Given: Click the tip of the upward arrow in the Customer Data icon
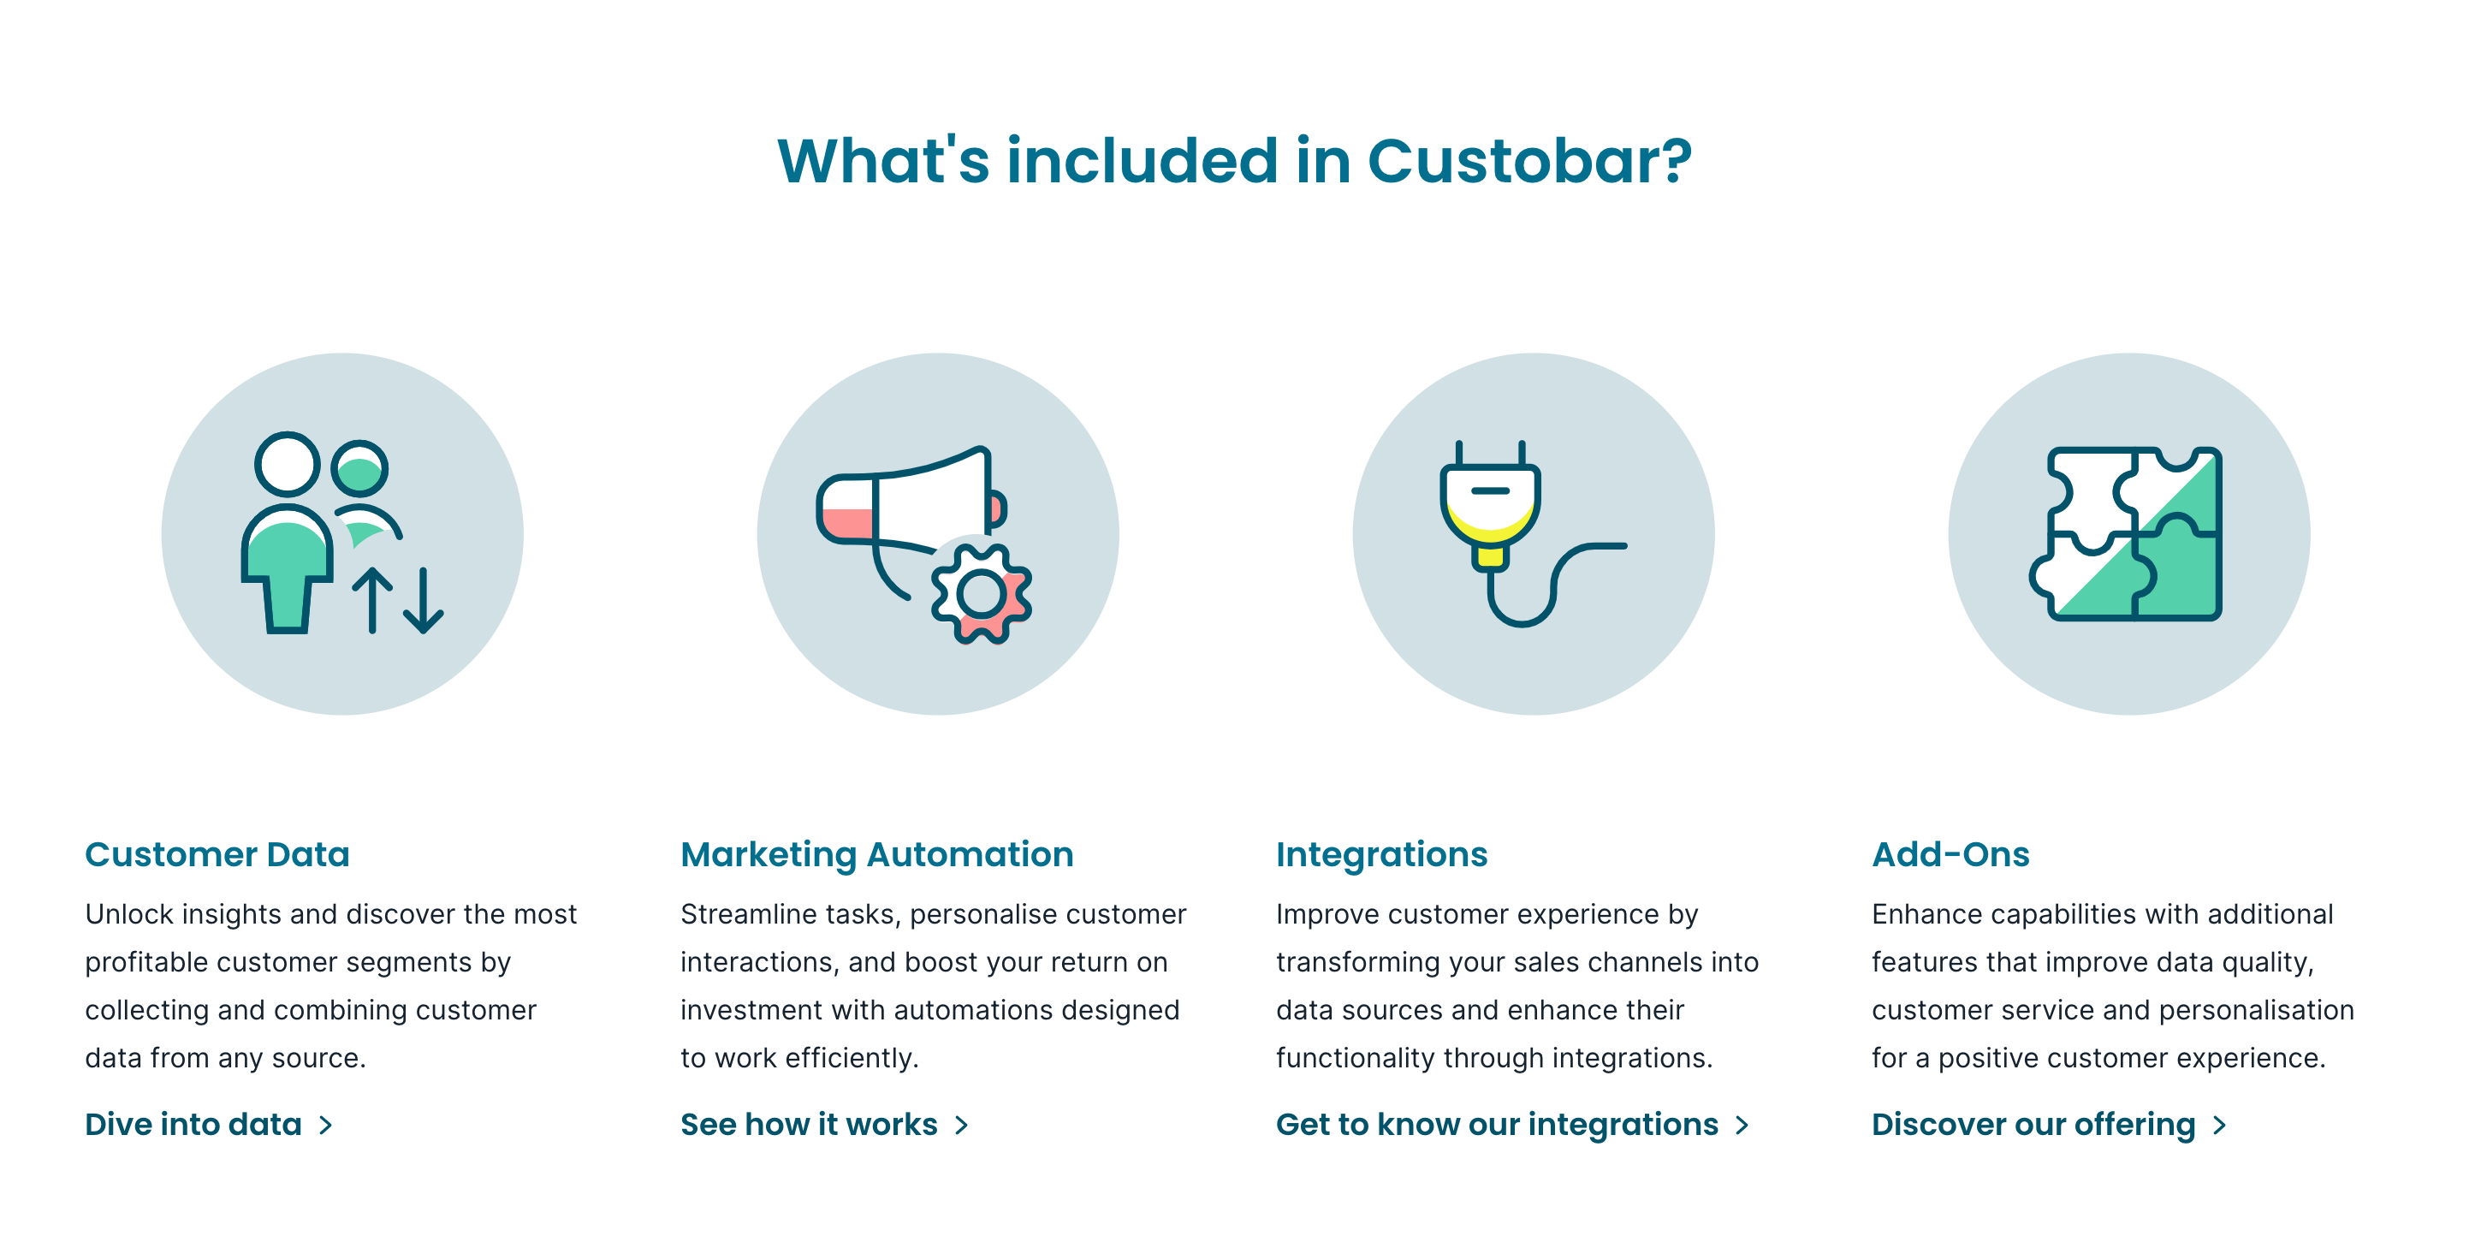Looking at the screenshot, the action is (x=372, y=570).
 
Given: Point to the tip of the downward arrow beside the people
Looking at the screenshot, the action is (x=424, y=632).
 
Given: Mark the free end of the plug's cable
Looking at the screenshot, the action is (x=1625, y=547).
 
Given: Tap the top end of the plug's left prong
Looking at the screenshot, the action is (x=1460, y=443).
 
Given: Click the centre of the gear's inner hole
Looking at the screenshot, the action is (x=981, y=594).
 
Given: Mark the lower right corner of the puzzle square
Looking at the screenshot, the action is (x=2220, y=618).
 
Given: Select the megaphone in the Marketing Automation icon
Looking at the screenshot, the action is (x=912, y=522).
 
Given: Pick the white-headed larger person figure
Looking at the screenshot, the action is (x=287, y=531).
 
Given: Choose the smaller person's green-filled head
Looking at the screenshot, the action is (x=360, y=469).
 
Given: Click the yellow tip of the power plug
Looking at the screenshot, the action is (x=1490, y=556).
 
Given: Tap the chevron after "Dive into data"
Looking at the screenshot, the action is (x=326, y=1125).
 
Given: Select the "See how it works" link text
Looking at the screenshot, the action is (x=809, y=1125).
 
